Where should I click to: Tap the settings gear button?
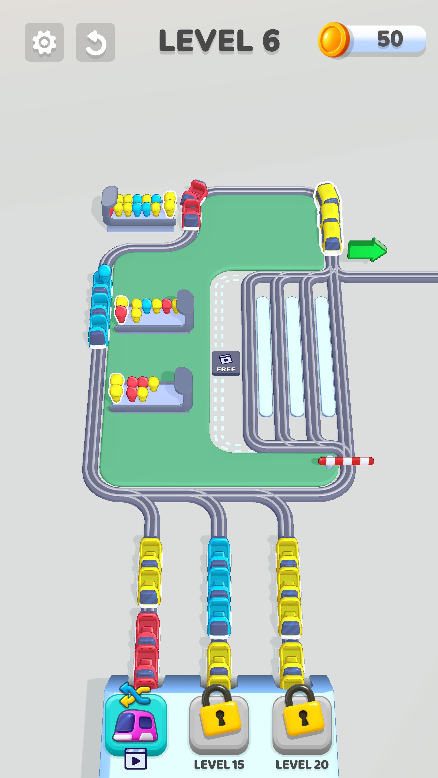tap(44, 42)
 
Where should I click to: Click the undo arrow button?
tap(96, 42)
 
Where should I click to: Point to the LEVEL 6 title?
tap(219, 41)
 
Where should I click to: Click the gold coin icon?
tap(333, 40)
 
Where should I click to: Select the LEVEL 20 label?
tap(302, 765)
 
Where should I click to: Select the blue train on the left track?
tap(100, 308)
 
